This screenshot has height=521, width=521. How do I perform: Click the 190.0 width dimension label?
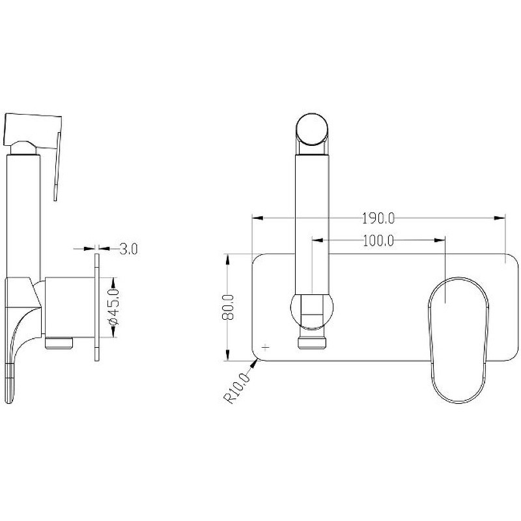pos(378,219)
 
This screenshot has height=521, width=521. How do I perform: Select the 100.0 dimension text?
pos(378,240)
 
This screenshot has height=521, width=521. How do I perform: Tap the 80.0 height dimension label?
pos(228,307)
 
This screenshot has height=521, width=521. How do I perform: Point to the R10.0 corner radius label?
pos(237,388)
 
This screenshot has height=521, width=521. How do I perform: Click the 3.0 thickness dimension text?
pos(128,249)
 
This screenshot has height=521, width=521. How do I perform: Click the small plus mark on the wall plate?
pos(266,348)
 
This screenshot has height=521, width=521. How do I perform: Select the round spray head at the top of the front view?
pos(312,129)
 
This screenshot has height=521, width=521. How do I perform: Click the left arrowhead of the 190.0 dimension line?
pos(258,218)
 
